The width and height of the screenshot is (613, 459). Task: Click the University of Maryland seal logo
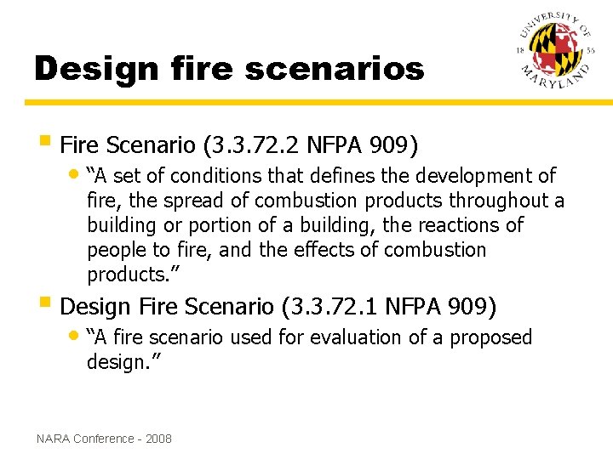click(x=553, y=54)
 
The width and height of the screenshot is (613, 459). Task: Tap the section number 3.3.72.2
click(x=254, y=146)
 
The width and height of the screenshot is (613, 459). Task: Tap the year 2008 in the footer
click(x=158, y=439)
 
